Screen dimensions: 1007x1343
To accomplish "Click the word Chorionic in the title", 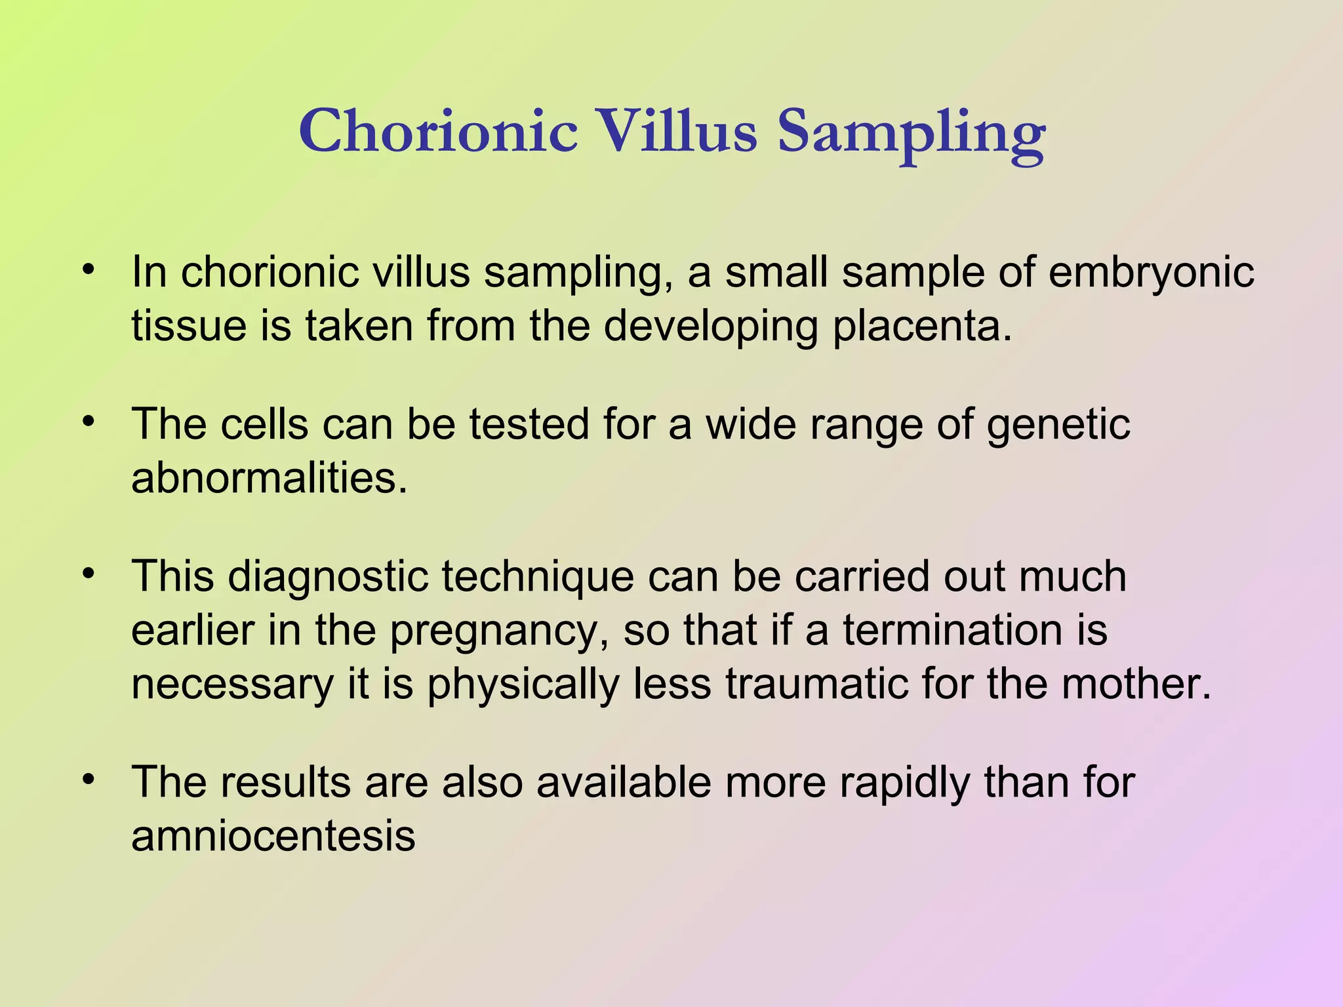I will tap(438, 131).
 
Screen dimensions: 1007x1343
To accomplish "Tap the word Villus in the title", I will tap(678, 131).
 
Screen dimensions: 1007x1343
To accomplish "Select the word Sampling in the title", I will tap(911, 134).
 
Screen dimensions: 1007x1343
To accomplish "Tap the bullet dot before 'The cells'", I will tap(89, 421).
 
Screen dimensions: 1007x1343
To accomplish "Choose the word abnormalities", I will tap(269, 478).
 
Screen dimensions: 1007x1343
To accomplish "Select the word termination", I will tap(951, 631).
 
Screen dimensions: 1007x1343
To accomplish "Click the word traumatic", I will tap(816, 684).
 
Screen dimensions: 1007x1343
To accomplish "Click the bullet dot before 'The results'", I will tap(89, 780).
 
